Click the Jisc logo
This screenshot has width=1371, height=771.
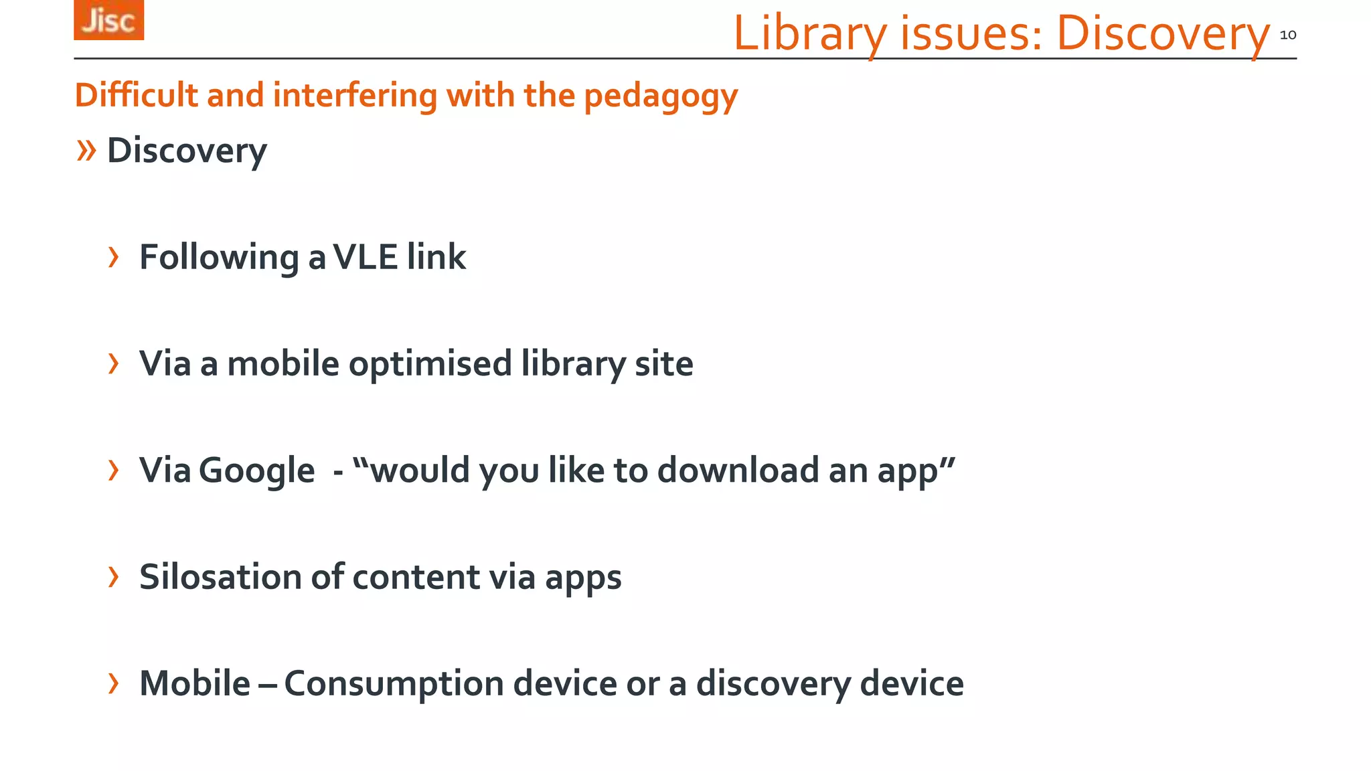[108, 20]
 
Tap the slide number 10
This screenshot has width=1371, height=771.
[1287, 35]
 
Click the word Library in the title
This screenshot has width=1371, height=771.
[810, 33]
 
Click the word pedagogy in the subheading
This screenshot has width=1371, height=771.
[661, 96]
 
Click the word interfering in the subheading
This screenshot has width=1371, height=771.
[355, 94]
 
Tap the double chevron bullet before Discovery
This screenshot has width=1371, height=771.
[86, 150]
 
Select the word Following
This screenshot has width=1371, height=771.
[219, 258]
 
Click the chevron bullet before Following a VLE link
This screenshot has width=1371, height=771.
[114, 257]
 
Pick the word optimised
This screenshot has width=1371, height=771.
[430, 364]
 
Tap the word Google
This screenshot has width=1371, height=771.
[257, 470]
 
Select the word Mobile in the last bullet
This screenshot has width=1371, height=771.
[195, 683]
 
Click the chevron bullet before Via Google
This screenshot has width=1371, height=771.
[114, 470]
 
